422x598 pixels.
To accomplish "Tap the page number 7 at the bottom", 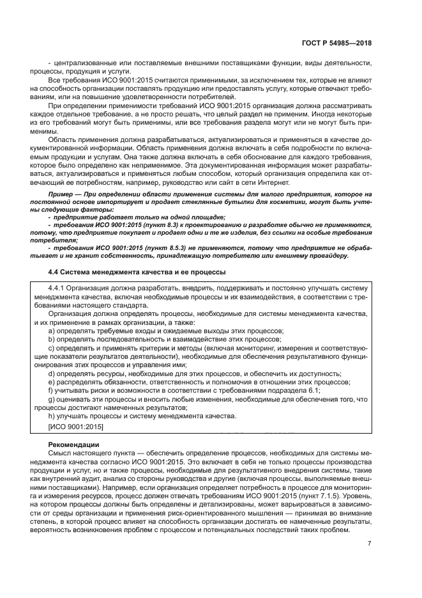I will point(370,544).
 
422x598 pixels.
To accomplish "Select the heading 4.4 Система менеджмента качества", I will point(137,271).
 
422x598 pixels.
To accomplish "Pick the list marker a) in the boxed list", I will point(52,331).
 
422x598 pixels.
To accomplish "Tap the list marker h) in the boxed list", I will point(52,416).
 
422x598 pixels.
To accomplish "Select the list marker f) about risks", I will point(51,390).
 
